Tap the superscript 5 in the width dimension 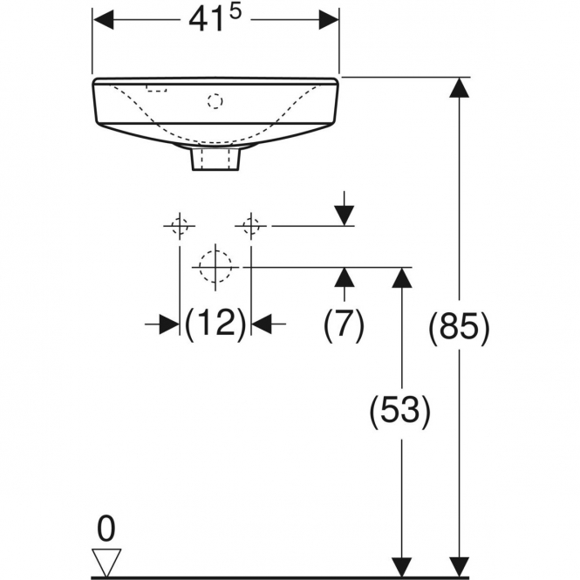pos(235,12)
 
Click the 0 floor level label pos(106,529)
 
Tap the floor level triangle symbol pos(106,562)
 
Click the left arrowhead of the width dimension pos(103,19)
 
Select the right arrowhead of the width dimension pos(329,19)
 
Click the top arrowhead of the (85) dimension pos(459,88)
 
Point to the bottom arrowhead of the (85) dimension pos(459,567)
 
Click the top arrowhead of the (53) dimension pos(402,277)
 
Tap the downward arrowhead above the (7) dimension pos(345,215)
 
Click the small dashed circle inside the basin pos(215,101)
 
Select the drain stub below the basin pos(216,158)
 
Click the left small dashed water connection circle pos(180,225)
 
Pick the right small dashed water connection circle pos(251,225)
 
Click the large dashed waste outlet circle pos(215,266)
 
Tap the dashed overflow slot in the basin pos(156,88)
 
